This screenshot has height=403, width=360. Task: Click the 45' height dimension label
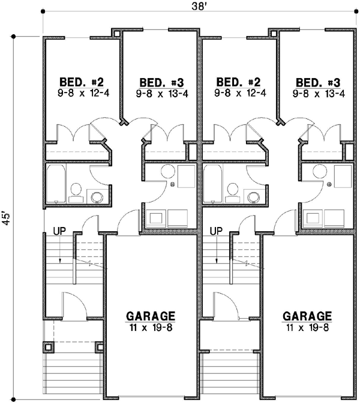coord(7,217)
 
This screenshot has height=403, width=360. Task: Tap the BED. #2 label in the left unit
coord(82,82)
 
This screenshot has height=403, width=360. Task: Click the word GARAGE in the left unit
coord(151,316)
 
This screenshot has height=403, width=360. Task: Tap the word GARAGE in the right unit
coord(307,316)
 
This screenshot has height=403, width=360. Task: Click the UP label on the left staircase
coord(59,230)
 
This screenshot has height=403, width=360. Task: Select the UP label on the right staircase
coord(217,230)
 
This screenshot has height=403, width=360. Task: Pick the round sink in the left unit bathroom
coord(96,196)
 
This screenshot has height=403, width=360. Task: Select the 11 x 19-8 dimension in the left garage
coord(151,327)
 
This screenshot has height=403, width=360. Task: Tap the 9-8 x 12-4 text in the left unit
coord(82,93)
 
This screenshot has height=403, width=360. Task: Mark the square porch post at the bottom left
coord(49,347)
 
